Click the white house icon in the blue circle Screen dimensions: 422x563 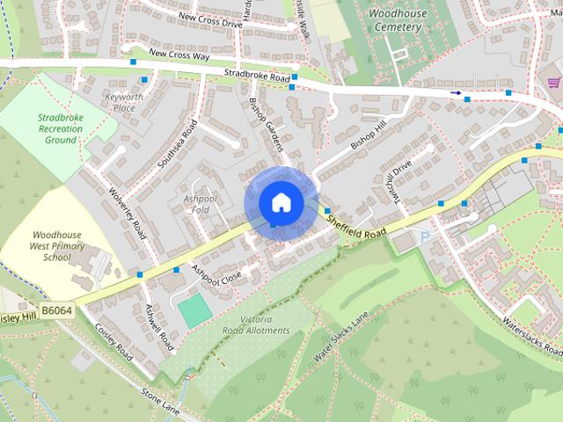tap(281, 203)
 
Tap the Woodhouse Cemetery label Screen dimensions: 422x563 tap(398, 21)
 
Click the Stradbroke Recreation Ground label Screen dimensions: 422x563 tap(61, 128)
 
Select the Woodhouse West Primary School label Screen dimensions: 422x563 tap(50, 247)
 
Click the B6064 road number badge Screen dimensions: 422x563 tap(56, 310)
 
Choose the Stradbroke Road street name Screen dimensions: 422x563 tap(256, 77)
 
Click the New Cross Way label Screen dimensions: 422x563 tap(179, 54)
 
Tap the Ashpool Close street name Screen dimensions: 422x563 tap(216, 273)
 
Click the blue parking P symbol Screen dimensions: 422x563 tap(425, 236)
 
